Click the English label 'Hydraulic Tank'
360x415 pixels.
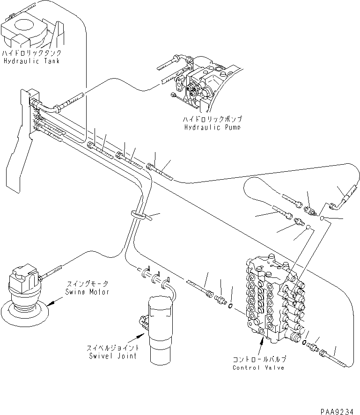coord(31,61)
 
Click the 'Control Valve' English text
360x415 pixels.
coord(258,367)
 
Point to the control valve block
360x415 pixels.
coord(274,299)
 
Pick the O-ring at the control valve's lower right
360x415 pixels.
coord(305,343)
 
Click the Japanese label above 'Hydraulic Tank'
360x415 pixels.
coord(31,53)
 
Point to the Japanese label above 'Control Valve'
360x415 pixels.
coord(258,359)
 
